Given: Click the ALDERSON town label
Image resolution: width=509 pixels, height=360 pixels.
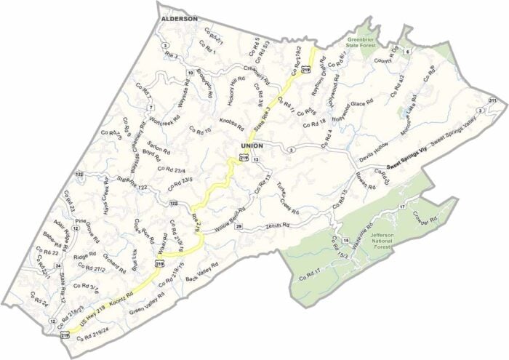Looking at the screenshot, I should pyautogui.click(x=179, y=17).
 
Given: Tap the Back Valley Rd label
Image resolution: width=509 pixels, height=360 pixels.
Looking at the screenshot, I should pyautogui.click(x=202, y=271).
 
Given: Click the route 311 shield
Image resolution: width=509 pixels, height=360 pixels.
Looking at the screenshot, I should pyautogui.click(x=492, y=100).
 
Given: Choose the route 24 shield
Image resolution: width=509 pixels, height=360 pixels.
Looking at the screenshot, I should pyautogui.click(x=57, y=266).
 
